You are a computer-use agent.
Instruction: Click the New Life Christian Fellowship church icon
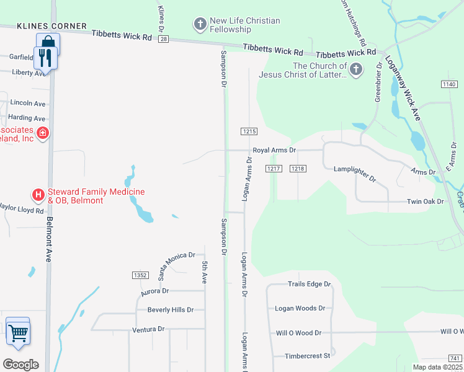pos(200,24)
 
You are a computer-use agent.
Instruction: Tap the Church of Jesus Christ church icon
pos(356,69)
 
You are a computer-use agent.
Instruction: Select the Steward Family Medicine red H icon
pos(38,195)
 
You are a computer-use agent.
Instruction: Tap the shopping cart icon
pos(18,332)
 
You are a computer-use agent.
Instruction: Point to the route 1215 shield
pos(249,131)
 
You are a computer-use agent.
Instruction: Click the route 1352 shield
pos(140,275)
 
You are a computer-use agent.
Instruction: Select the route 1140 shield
pos(450,84)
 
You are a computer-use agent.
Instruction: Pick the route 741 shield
pos(455,358)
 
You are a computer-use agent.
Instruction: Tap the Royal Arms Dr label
pos(274,151)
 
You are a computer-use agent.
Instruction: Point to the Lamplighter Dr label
pos(355,173)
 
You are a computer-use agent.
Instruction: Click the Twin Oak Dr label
pos(426,201)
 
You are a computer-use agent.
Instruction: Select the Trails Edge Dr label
pos(310,284)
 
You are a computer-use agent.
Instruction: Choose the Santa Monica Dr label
pos(176,263)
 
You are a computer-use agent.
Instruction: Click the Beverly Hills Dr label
pos(171,310)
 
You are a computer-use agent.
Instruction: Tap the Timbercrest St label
pos(307,356)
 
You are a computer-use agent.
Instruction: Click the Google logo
pos(20,365)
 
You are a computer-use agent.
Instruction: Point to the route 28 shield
pos(163,39)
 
